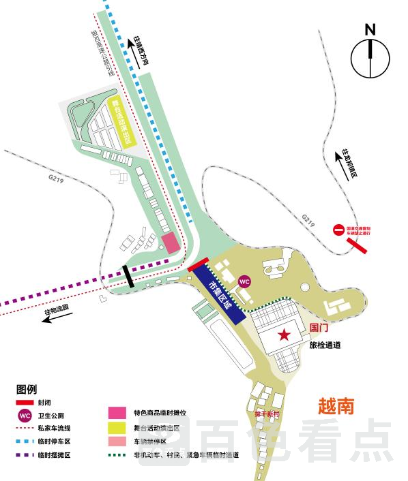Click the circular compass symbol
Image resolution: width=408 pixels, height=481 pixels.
pos(370,55)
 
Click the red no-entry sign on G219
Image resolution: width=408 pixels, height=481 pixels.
pos(338,231)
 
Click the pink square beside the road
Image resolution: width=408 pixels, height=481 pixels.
pos(170,243)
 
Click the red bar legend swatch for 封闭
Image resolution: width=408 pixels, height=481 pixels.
pos(26,403)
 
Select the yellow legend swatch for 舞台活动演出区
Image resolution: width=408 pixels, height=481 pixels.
pos(117,429)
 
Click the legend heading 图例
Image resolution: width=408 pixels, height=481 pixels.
pos(27,390)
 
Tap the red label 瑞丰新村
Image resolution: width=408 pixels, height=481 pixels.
pos(268,414)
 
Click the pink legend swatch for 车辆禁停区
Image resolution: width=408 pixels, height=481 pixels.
pos(117,442)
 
